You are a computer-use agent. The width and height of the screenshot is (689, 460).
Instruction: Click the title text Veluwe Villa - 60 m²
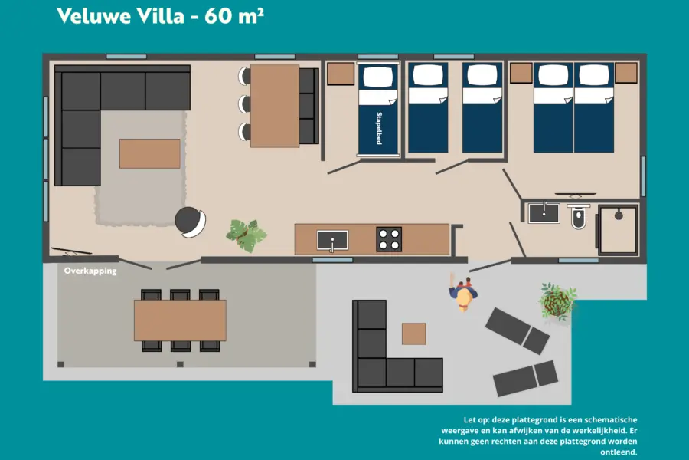(160, 16)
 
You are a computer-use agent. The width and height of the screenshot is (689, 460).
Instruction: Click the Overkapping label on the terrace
(90, 271)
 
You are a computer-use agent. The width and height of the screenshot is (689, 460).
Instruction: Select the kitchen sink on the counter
(332, 240)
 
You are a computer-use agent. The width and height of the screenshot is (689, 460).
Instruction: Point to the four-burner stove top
(389, 239)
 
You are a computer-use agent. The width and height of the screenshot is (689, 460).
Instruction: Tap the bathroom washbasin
(544, 212)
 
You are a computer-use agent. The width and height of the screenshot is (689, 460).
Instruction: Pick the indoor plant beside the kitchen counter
(247, 235)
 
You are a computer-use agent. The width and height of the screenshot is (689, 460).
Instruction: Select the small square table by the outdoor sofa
(413, 333)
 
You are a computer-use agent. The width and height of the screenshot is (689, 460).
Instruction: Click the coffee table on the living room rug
(150, 153)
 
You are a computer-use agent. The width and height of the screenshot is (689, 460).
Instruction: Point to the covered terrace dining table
(180, 320)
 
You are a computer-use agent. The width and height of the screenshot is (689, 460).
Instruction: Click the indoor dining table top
(274, 106)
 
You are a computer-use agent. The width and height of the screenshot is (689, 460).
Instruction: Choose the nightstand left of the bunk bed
(341, 74)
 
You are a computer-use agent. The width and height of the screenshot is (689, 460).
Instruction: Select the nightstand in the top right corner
(625, 73)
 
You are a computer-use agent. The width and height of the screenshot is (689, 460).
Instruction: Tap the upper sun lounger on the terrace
(517, 330)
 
